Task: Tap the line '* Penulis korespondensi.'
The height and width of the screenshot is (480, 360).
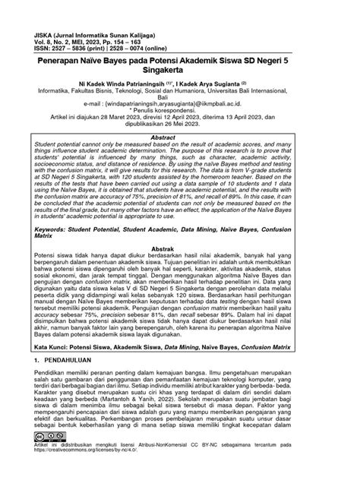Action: [x=180, y=131]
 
